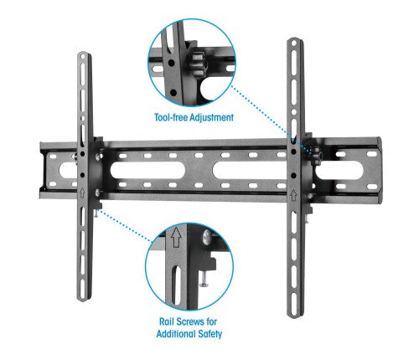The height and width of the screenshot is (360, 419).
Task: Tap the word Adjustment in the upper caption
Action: [208, 118]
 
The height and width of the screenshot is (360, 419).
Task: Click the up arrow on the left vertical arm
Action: [82, 193]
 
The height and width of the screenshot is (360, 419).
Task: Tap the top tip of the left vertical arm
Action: [84, 55]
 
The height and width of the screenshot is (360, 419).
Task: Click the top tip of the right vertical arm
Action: [294, 39]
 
